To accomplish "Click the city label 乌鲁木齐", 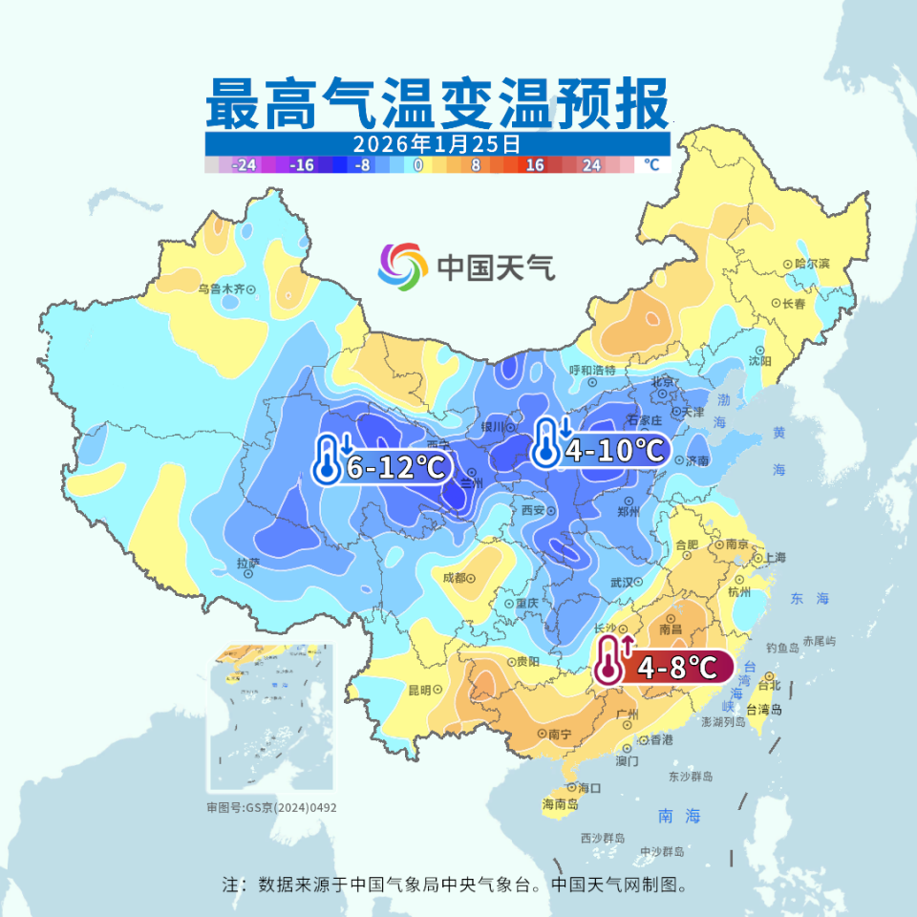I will (x=222, y=288).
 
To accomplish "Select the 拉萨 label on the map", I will (x=246, y=564).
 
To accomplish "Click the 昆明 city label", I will (x=419, y=689).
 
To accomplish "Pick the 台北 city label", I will (x=768, y=685).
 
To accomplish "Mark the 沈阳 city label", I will (x=759, y=361).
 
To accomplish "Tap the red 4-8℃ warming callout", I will (x=664, y=667).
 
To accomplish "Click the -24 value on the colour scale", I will (x=245, y=165).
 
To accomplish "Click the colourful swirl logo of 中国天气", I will (x=402, y=267).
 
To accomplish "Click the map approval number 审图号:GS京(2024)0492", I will (x=271, y=807).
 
